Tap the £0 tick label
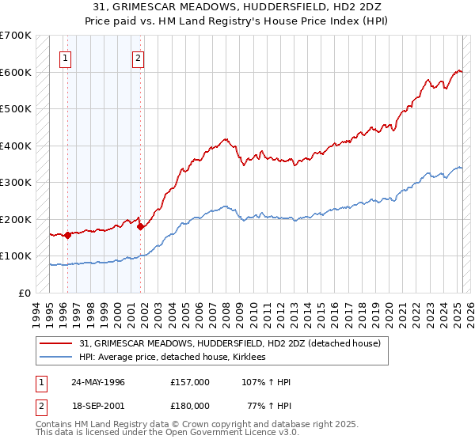[x=25, y=293]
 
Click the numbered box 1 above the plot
[x=64, y=57]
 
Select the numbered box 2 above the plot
[x=138, y=57]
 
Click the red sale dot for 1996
[x=68, y=235]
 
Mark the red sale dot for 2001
[x=140, y=227]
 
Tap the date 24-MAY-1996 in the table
[x=98, y=382]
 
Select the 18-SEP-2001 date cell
[x=98, y=406]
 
